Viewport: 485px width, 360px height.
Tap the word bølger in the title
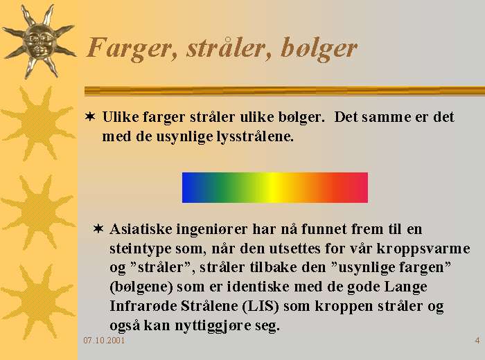click(x=319, y=48)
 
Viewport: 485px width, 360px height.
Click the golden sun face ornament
click(x=39, y=41)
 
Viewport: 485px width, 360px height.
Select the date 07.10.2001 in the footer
click(x=104, y=341)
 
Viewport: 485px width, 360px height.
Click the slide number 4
click(x=477, y=341)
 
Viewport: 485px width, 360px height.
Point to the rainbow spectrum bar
click(x=275, y=188)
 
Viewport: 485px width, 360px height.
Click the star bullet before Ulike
click(x=90, y=117)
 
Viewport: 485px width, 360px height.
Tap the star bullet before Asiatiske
click(x=98, y=229)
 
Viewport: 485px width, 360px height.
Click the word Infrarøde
click(x=143, y=306)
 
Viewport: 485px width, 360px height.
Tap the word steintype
click(x=141, y=249)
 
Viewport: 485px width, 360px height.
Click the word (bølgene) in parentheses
click(x=141, y=287)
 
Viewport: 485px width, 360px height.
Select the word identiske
click(x=258, y=287)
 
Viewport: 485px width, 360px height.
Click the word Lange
click(x=405, y=287)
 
